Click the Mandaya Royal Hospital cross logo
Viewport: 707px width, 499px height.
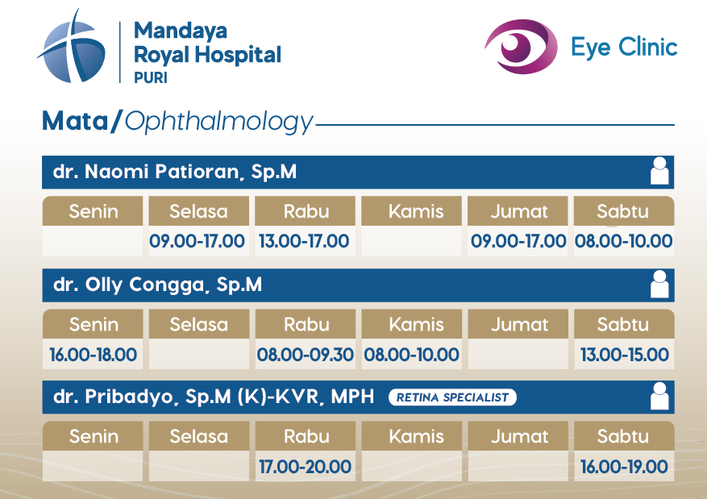click(72, 48)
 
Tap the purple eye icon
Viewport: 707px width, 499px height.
click(521, 47)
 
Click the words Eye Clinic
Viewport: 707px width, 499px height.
click(624, 47)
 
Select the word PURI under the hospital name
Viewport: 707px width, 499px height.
click(151, 77)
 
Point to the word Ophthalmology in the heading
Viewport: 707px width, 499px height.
click(218, 122)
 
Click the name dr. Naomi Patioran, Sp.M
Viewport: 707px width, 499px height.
click(175, 172)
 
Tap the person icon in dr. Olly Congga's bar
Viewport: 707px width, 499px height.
click(659, 284)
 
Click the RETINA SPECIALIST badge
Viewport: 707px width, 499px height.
click(453, 397)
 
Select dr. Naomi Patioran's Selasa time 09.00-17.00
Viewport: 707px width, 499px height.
click(197, 241)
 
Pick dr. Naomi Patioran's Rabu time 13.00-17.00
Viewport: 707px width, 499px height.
click(304, 241)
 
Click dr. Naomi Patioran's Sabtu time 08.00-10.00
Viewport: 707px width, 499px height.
click(624, 241)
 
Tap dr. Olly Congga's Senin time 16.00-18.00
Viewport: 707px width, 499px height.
click(93, 355)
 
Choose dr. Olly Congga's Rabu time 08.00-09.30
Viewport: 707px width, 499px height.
click(306, 355)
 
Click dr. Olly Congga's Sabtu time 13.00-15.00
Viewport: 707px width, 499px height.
click(625, 355)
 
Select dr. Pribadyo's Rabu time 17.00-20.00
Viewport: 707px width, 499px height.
click(306, 467)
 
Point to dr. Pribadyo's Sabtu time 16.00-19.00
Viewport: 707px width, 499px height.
click(625, 467)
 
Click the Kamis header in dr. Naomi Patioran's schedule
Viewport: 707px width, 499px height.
click(416, 211)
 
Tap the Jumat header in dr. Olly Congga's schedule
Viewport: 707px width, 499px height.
click(519, 325)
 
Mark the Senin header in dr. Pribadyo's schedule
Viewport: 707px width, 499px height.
click(94, 436)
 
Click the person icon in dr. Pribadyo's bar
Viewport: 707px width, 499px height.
click(659, 396)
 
